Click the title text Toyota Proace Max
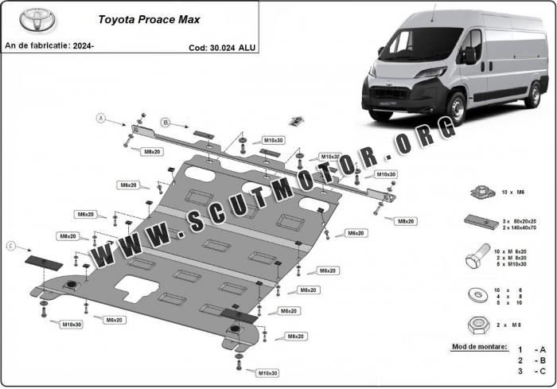click(138, 17)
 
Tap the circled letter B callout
click(166, 122)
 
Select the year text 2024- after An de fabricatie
click(82, 47)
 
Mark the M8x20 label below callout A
click(152, 151)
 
